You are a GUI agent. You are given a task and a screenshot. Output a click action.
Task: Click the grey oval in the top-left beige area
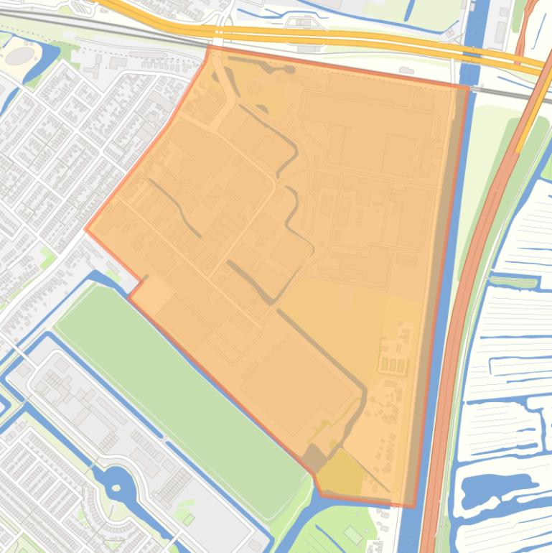(19, 55)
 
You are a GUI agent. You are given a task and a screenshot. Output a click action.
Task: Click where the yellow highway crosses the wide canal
(469, 52)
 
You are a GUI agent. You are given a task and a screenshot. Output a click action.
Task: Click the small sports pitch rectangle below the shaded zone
(352, 534)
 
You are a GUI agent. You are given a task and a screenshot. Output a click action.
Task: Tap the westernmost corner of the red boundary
(87, 230)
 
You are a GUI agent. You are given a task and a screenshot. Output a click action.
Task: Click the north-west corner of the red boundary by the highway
(209, 48)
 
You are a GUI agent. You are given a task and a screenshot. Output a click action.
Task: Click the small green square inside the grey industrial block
(189, 519)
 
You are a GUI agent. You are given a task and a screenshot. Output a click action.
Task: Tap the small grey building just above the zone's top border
(406, 70)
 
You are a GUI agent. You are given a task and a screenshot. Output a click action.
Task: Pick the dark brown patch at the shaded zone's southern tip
(313, 457)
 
